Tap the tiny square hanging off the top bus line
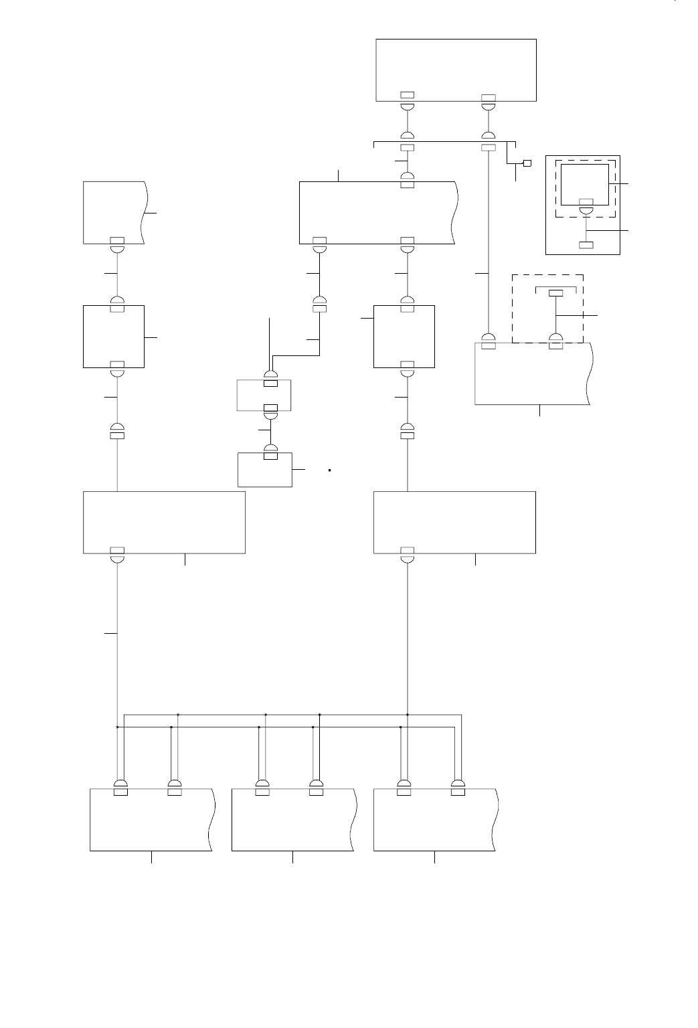click(x=527, y=163)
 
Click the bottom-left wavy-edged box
click(x=151, y=820)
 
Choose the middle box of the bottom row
click(x=292, y=820)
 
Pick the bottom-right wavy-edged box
click(x=434, y=820)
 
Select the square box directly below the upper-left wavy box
click(x=114, y=336)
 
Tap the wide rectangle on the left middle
click(x=164, y=522)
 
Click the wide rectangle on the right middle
click(x=454, y=522)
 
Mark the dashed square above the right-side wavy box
click(x=548, y=308)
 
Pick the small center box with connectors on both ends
click(x=264, y=395)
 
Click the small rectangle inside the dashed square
click(x=555, y=293)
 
